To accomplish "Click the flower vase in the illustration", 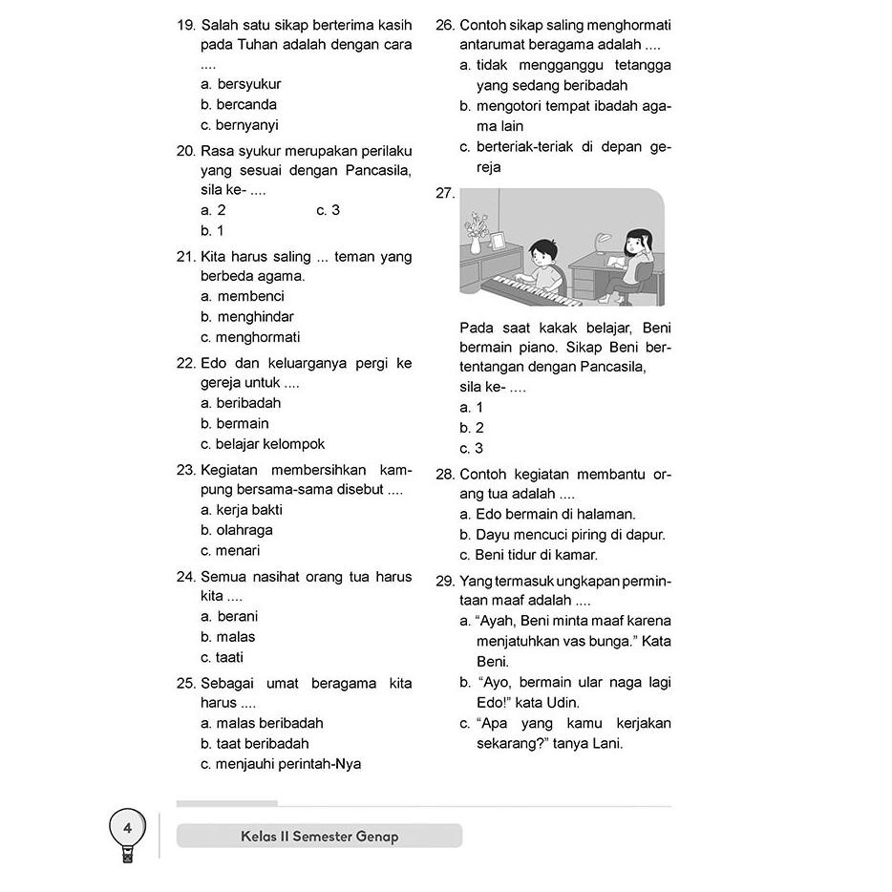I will pos(476,238).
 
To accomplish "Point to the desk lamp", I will pos(602,244).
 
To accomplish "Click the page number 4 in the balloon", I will pos(128,828).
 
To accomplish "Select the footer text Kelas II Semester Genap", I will pos(320,837).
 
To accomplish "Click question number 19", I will pos(186,24).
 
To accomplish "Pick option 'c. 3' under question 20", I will pos(328,210).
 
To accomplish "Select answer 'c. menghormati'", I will pos(250,337).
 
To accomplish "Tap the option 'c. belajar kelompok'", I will pos(263,444).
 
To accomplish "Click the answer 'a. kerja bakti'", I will pos(242,510).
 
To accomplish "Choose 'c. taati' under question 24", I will pos(222,657).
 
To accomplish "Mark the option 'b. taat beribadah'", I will pos(255,743).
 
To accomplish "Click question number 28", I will pos(444,475).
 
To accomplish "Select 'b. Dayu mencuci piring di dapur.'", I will pos(563,535).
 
